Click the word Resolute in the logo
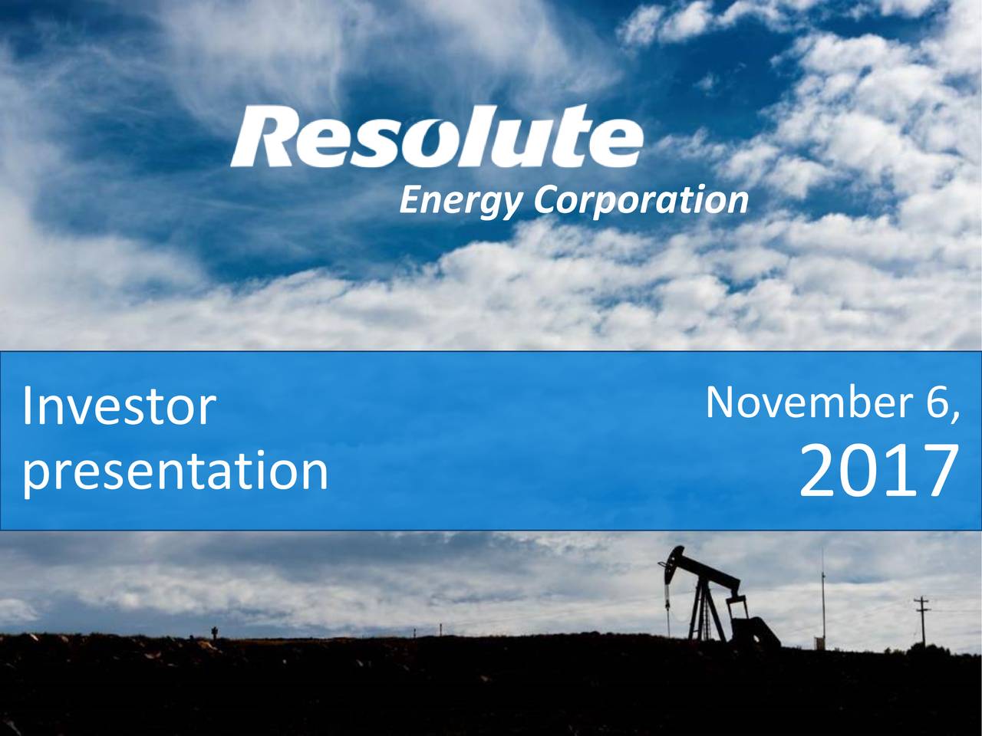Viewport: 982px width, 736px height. tap(436, 139)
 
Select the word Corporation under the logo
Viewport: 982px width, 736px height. tap(641, 201)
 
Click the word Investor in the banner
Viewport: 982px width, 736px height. tap(118, 407)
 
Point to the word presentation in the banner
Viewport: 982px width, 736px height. tap(175, 471)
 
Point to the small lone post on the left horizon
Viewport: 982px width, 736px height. tap(215, 632)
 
